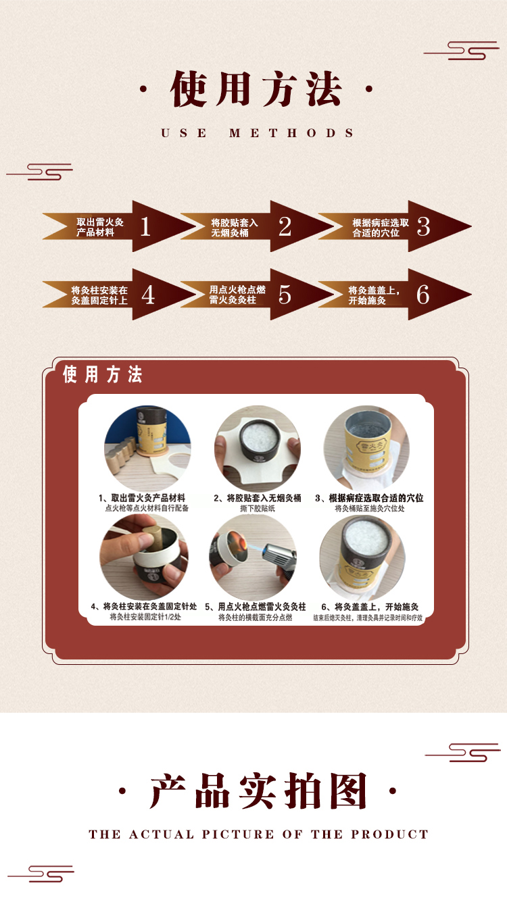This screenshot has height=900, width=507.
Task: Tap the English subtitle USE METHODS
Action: point(258,133)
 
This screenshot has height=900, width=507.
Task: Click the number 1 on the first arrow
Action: point(145,226)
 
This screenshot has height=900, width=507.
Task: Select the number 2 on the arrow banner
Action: point(285,226)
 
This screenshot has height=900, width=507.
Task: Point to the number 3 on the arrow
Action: point(423,226)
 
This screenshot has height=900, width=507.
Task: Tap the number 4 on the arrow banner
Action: point(148,295)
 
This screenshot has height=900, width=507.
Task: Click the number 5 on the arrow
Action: point(285,295)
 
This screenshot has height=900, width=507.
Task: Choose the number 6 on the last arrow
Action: point(423,295)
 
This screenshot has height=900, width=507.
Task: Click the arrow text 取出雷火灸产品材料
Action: point(100,227)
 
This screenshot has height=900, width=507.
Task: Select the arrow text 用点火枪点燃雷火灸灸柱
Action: point(237,295)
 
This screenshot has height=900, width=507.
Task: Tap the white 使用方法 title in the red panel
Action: point(103,374)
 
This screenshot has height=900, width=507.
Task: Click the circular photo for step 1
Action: point(147,448)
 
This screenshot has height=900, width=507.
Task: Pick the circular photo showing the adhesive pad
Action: point(258,448)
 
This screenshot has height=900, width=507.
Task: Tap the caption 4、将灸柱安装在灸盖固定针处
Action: point(144,607)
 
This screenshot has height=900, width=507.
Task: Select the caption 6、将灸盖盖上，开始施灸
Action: point(370,607)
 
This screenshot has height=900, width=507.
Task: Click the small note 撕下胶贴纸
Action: point(257,508)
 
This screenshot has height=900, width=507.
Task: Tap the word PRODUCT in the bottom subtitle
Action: point(390,834)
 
